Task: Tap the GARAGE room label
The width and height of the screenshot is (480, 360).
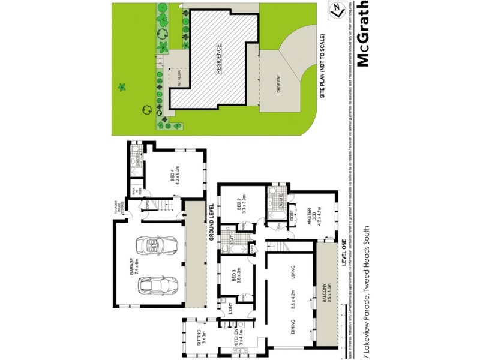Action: click(131, 265)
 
